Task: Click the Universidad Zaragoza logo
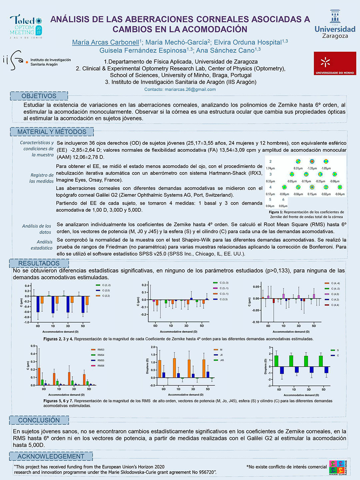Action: pos(335,25)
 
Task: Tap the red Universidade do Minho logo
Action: pos(335,63)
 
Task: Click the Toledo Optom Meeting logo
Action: pos(26,27)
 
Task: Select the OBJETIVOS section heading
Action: pos(39,96)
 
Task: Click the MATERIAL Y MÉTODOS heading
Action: pos(52,132)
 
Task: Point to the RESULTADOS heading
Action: pos(39,263)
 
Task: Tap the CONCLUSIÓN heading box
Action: pos(39,420)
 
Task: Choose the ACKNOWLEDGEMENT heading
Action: pos(51,456)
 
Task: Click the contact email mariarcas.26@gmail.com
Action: pos(180,89)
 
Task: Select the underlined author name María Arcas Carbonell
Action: pos(105,42)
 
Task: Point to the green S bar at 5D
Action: pos(321,361)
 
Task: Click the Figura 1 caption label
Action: pos(276,212)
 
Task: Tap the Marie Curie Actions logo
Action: pos(338,468)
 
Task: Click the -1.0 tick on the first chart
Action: pos(27,322)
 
